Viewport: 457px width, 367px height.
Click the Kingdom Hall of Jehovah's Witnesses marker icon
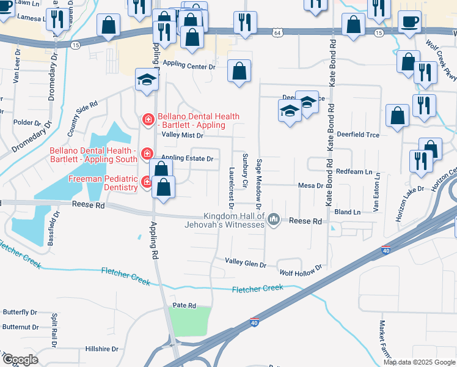click(x=274, y=218)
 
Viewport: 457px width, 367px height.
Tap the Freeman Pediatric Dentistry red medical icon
click(x=147, y=181)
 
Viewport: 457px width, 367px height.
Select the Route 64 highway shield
click(x=278, y=31)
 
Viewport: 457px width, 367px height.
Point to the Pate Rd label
click(x=183, y=305)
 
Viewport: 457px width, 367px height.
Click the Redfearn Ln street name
click(x=353, y=172)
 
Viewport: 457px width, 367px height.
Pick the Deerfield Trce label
click(x=357, y=135)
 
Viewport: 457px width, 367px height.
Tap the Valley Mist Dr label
click(x=181, y=135)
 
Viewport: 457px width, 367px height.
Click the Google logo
click(x=21, y=360)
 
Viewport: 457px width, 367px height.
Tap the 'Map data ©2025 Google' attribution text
click(x=419, y=362)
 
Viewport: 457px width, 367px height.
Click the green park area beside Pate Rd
click(x=189, y=321)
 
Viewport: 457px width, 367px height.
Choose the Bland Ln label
click(x=348, y=212)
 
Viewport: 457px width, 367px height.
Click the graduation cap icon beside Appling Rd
click(x=147, y=80)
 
